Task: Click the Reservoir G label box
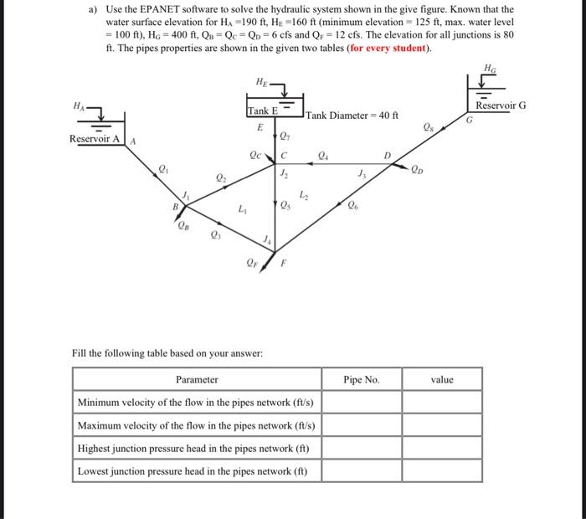[x=501, y=106]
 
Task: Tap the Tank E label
[x=262, y=111]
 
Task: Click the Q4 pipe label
[x=324, y=154]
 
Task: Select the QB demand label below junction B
[x=182, y=224]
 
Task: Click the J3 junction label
[x=362, y=174]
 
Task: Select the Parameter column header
[x=197, y=379]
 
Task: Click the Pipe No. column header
[x=362, y=379]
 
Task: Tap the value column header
[x=442, y=379]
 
